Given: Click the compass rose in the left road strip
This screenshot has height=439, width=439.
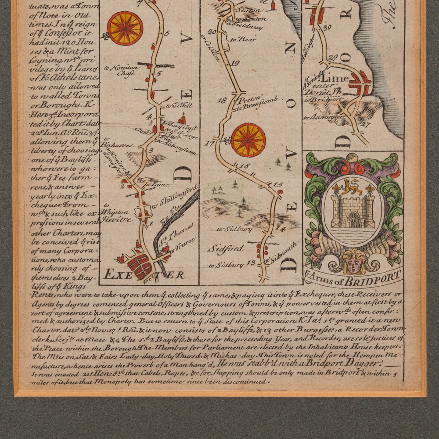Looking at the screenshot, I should tap(125, 28).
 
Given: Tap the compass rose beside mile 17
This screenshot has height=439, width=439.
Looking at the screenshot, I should tap(248, 140).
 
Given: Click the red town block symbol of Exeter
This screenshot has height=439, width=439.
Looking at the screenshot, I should tap(139, 266).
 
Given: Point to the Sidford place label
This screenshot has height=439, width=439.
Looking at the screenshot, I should tap(226, 248).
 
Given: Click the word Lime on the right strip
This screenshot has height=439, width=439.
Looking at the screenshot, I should tap(337, 79).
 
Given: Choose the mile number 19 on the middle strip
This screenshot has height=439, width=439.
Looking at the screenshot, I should tap(235, 64).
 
